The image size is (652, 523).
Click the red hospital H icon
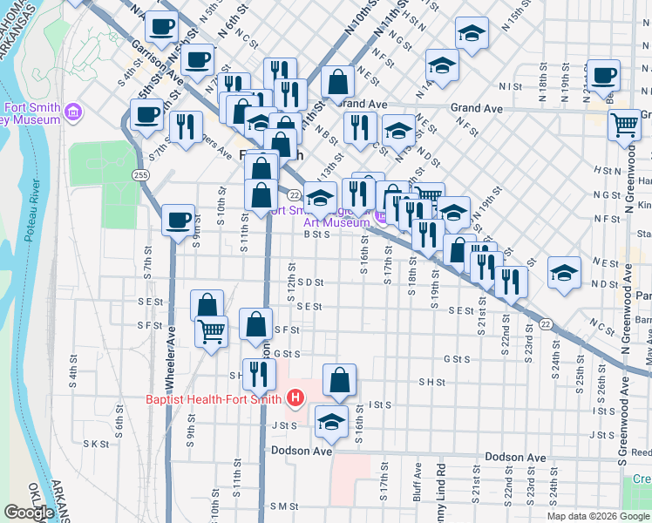pyautogui.click(x=295, y=399)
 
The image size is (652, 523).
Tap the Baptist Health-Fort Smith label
pyautogui.click(x=213, y=400)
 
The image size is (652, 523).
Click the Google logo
pyautogui.click(x=29, y=513)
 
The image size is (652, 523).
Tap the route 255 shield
pyautogui.click(x=141, y=175)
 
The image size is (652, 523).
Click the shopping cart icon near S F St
pyautogui.click(x=212, y=330)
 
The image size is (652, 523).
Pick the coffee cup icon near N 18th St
pyautogui.click(x=603, y=74)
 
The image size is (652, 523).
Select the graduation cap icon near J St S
pyautogui.click(x=331, y=422)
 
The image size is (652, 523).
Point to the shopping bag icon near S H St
pyautogui.click(x=340, y=379)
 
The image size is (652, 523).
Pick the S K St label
pyautogui.click(x=95, y=444)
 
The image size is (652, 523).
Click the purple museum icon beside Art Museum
pyautogui.click(x=382, y=214)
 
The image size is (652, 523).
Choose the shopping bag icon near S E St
pyautogui.click(x=207, y=306)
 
